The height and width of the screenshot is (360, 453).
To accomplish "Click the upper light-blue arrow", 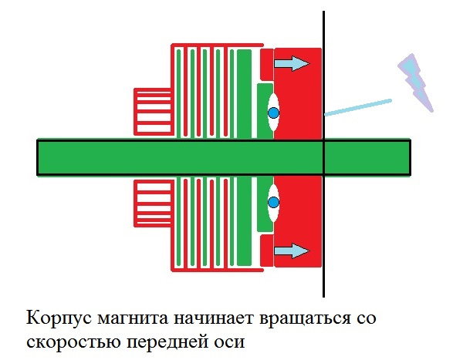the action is coord(292,63).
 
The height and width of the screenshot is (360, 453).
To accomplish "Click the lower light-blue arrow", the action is coord(292,251).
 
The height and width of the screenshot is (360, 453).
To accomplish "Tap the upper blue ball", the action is coord(273,113).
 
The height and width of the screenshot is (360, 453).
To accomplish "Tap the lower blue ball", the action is coord(273,203).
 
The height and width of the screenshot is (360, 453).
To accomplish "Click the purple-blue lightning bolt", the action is coord(415,82).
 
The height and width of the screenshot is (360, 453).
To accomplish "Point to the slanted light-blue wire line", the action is coord(358,107).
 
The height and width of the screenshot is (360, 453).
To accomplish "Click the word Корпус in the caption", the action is coord(59,318).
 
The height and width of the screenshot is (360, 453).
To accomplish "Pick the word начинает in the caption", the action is coord(214,318).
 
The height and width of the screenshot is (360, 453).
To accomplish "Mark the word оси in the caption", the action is coord(228,342).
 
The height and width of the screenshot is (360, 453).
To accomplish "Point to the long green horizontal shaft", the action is coord(224,157).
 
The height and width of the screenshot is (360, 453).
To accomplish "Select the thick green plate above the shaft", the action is coord(244,94).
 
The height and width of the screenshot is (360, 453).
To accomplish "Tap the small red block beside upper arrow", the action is coord(267,65).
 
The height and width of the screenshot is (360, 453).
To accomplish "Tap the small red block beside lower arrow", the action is coord(267,251).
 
